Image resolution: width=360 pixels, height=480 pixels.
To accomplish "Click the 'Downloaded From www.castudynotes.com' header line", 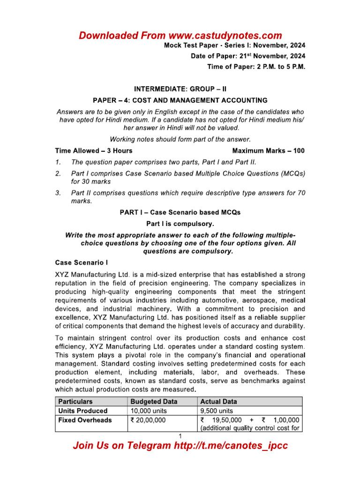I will pyautogui.click(x=180, y=36).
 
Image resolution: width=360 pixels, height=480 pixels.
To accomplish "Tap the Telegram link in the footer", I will pyautogui.click(x=180, y=446).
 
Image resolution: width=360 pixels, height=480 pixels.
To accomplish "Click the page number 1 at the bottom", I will pyautogui.click(x=180, y=437).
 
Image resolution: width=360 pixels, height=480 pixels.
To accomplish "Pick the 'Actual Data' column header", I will pyautogui.click(x=218, y=402).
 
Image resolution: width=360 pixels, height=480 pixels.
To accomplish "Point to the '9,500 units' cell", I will pyautogui.click(x=217, y=411).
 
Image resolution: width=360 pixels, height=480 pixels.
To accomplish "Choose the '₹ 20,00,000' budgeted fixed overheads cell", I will pyautogui.click(x=148, y=420).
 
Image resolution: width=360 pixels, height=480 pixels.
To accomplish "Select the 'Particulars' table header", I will pyautogui.click(x=75, y=402).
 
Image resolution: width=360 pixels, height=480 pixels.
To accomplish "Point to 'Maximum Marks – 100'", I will pyautogui.click(x=268, y=151).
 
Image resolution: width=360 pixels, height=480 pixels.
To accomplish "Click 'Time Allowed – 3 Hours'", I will pyautogui.click(x=94, y=151).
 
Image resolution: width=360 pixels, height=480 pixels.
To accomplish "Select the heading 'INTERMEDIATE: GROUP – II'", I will pyautogui.click(x=180, y=88).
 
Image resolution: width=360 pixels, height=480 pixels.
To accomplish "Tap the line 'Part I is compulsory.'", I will pyautogui.click(x=180, y=224).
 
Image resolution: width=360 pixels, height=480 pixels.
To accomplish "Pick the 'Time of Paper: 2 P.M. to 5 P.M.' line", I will pyautogui.click(x=256, y=67).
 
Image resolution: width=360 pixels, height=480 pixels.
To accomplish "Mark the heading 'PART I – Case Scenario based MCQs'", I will pyautogui.click(x=180, y=212).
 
